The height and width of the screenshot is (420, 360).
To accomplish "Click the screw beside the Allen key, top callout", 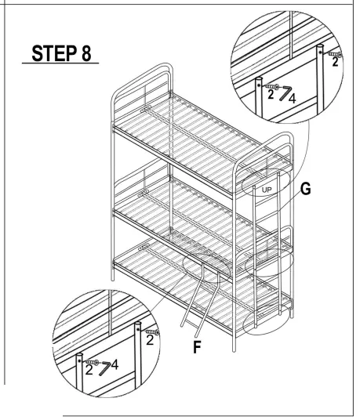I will tap(272, 86).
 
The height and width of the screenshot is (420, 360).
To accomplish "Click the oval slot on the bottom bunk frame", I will tap(144, 248).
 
